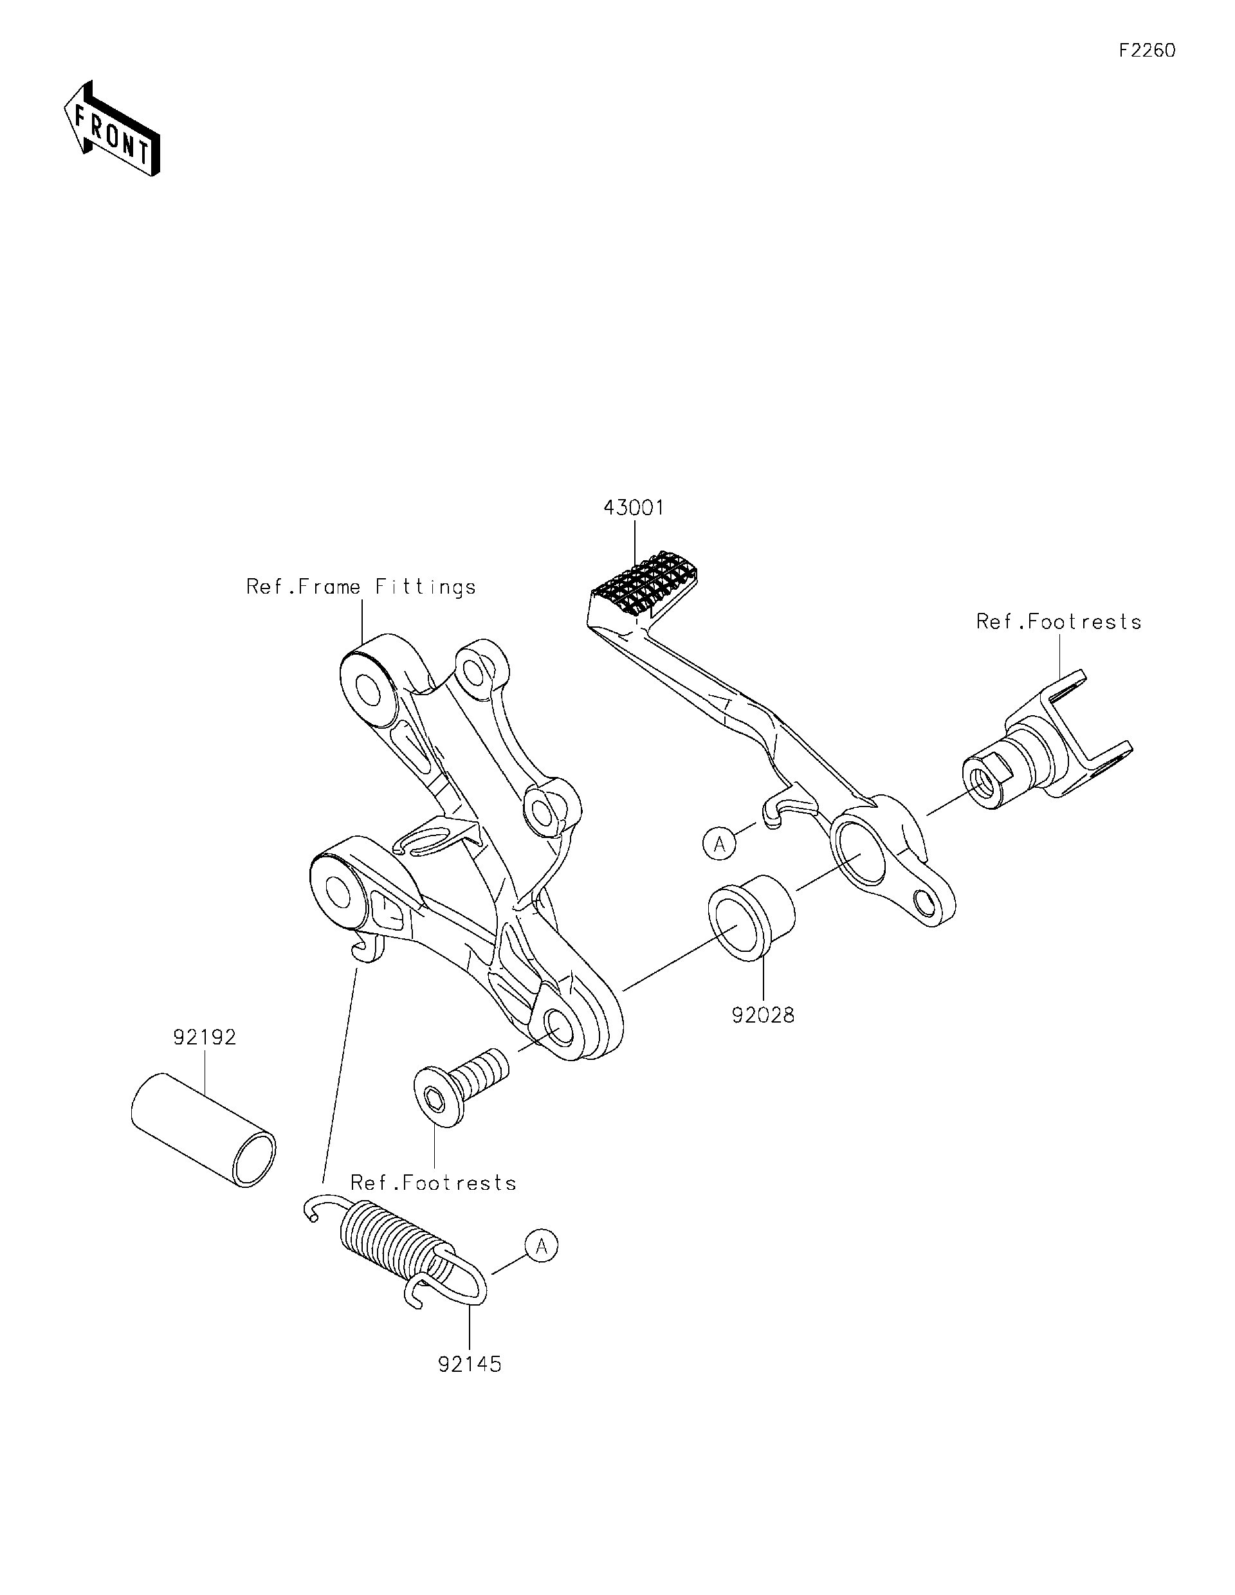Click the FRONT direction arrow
pos(111,129)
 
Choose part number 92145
pos(470,1364)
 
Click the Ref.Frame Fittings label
pos(361,587)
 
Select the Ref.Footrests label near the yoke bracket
pos(1058,622)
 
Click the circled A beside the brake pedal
pos(719,844)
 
